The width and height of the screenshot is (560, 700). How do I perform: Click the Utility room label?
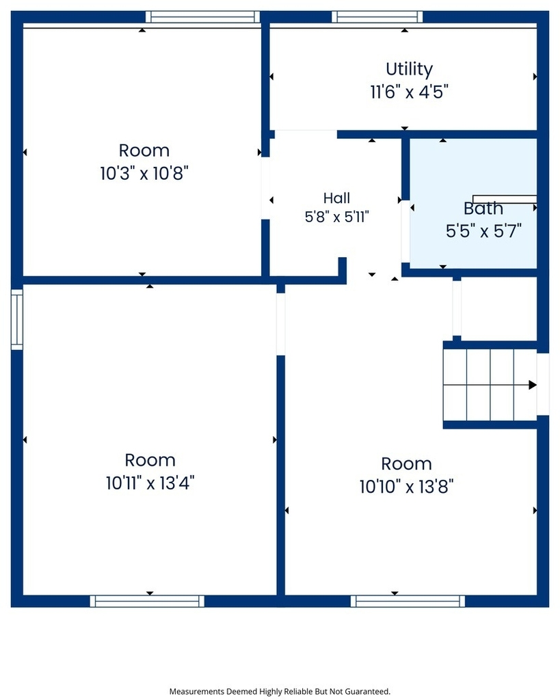tap(409, 69)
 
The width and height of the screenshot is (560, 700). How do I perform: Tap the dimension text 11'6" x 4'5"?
tap(409, 92)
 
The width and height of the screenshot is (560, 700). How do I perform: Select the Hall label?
tap(336, 198)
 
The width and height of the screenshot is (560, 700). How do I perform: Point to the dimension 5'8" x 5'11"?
tap(336, 217)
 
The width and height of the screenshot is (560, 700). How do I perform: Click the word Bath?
tap(483, 208)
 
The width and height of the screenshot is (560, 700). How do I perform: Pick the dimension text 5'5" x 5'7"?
tap(483, 231)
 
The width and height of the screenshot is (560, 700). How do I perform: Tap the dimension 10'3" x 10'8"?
tap(144, 173)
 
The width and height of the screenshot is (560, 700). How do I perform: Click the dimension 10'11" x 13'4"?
tap(150, 483)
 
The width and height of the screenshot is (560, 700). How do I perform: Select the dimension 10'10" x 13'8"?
tap(406, 486)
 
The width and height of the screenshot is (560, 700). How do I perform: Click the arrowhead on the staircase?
tap(533, 385)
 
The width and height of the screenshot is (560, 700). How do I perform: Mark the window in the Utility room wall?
tap(377, 17)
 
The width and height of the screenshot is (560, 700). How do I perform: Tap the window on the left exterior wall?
tap(16, 319)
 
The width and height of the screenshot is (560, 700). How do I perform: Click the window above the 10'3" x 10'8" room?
tap(202, 17)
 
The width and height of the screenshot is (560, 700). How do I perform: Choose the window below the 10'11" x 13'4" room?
tap(147, 601)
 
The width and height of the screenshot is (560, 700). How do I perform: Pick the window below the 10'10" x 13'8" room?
tap(408, 601)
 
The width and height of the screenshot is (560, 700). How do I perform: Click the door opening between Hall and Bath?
tap(405, 231)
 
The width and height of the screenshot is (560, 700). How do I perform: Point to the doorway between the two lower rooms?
tap(280, 324)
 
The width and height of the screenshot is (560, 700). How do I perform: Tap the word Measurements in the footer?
tap(197, 692)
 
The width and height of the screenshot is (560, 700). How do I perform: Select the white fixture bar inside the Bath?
tap(505, 199)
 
